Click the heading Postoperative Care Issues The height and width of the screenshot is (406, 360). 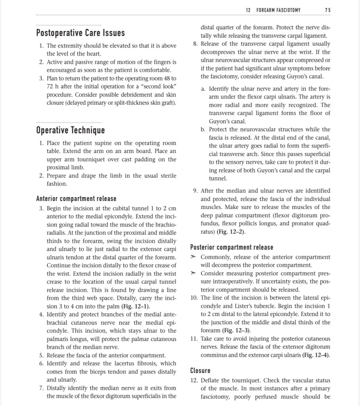[80, 33]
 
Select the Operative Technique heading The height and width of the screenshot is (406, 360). [71, 130]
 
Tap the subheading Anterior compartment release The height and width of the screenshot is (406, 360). [76, 199]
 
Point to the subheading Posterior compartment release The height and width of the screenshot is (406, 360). [232, 248]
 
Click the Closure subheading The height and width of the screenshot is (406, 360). [200, 371]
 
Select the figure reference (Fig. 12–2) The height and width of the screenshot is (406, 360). [232, 232]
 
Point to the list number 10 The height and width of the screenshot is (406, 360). [194, 298]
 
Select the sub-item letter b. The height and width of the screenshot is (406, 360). [203, 130]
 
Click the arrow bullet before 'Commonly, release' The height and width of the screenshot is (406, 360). [193, 257]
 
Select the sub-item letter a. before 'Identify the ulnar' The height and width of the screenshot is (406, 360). [203, 88]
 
